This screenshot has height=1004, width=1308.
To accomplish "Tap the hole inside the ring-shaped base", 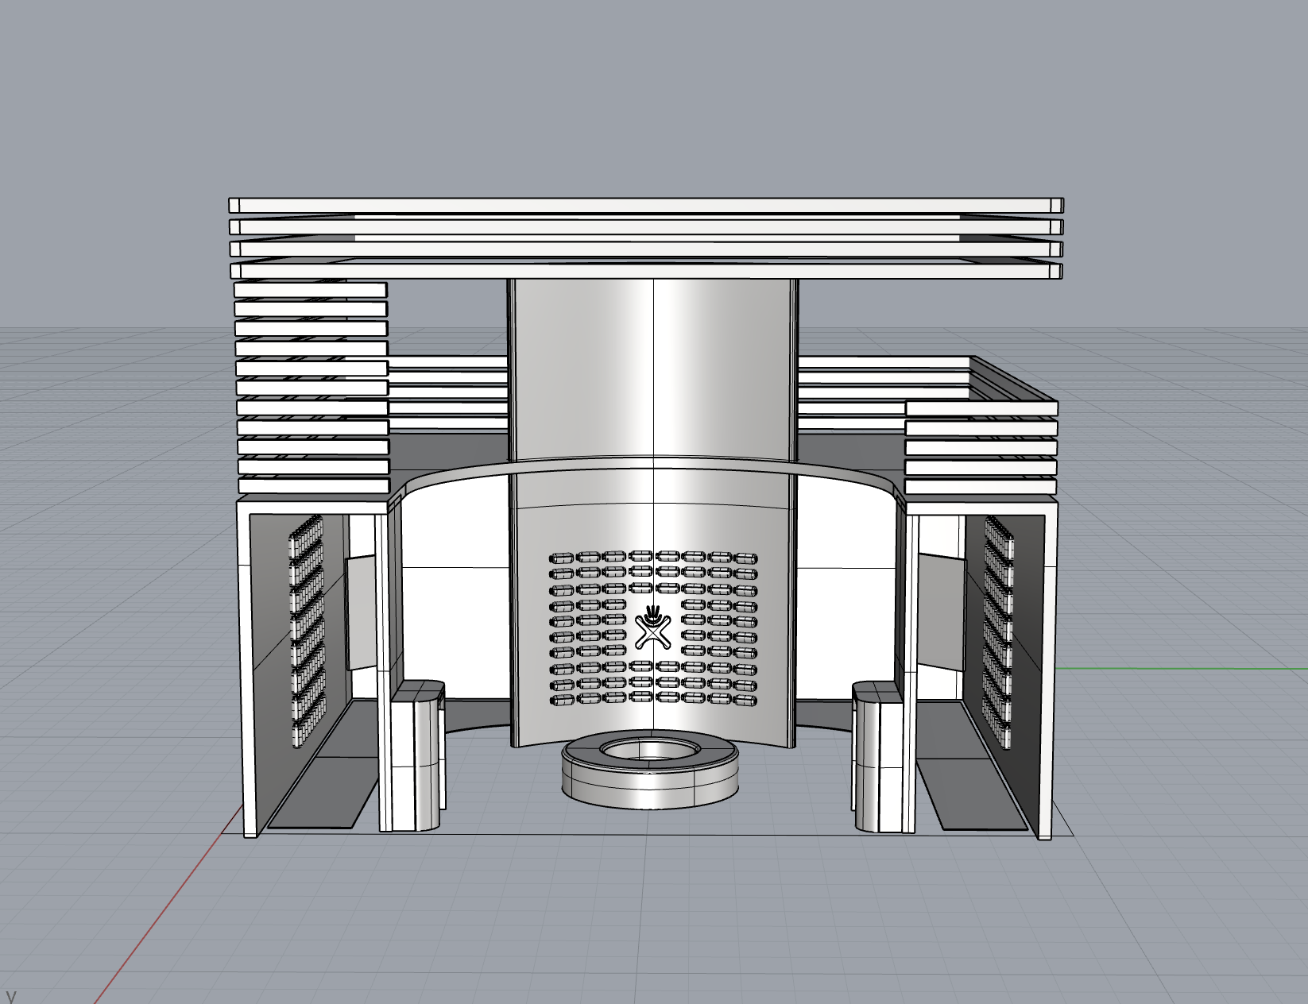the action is click(x=650, y=750).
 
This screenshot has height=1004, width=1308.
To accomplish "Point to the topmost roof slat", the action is click(x=646, y=205).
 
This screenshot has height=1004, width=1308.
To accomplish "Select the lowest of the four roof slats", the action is click(x=646, y=271).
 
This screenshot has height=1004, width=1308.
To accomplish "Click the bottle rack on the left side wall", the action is click(x=308, y=631).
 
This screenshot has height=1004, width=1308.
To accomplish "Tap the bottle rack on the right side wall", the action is click(x=998, y=631).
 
